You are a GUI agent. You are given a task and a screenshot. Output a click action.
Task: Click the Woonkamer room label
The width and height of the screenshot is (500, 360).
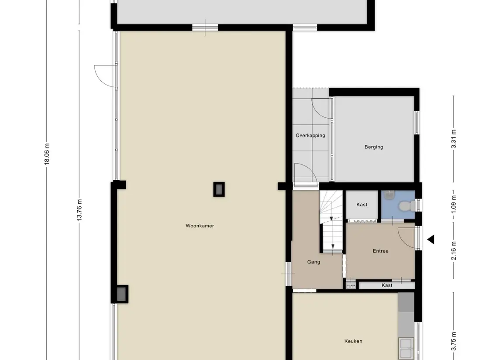point(200,226)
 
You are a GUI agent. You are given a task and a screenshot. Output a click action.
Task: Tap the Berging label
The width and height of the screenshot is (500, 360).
point(374,147)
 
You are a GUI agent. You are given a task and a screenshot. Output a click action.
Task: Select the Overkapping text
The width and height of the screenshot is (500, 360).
point(310,135)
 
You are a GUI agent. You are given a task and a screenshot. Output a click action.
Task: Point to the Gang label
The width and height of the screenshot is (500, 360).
point(314,262)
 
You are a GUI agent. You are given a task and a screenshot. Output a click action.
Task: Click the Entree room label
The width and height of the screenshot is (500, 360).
point(380,251)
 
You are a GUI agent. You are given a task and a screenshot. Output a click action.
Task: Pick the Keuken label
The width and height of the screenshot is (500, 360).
point(353,341)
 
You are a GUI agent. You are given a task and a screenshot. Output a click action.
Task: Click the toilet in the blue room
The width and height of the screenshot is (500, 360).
point(407,206)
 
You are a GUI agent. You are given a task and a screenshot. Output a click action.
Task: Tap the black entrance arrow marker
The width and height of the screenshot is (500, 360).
point(431,240)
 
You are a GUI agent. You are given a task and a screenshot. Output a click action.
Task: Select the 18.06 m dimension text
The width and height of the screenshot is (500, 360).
point(47,154)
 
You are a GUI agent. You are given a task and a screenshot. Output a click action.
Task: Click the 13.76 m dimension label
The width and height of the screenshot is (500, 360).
point(79,210)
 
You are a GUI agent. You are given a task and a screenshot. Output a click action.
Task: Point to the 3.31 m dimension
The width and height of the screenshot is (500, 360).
point(453,139)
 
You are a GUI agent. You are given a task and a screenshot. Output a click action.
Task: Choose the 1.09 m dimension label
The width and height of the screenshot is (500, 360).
point(454,204)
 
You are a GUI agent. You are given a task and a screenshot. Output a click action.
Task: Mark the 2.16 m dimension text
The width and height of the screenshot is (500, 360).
point(454,251)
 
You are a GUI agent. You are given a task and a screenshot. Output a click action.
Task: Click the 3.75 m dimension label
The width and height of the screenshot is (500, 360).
point(454,341)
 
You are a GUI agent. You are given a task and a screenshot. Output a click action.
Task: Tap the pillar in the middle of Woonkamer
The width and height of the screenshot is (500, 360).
point(219,189)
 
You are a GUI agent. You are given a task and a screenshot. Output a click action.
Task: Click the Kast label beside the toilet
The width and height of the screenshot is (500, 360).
point(362,205)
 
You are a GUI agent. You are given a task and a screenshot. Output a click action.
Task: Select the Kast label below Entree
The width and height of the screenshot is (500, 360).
point(387,285)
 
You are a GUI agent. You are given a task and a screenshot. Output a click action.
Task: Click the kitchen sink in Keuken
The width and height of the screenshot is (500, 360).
point(406,348)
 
